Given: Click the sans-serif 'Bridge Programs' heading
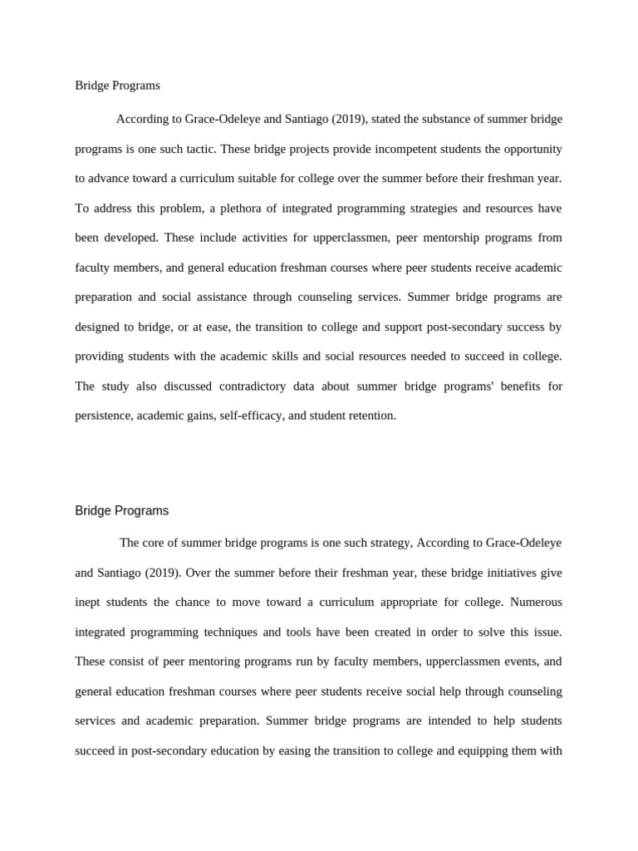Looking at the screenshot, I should pyautogui.click(x=121, y=510).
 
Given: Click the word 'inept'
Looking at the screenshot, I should pyautogui.click(x=90, y=603).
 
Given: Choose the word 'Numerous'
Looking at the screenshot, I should pyautogui.click(x=536, y=603).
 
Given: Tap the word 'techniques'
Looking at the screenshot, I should pyautogui.click(x=228, y=632).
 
